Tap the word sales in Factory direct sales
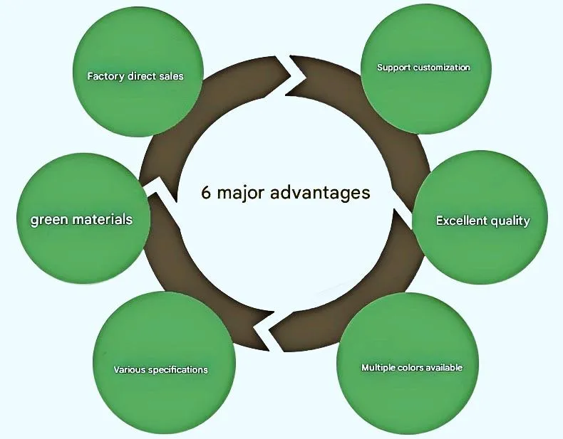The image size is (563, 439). click(x=170, y=76)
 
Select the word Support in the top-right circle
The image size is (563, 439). click(x=393, y=68)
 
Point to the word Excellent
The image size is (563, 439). click(x=459, y=221)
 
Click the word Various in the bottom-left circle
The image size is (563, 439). click(x=128, y=370)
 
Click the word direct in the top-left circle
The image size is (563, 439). click(x=141, y=76)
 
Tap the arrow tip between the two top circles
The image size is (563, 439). click(x=294, y=73)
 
